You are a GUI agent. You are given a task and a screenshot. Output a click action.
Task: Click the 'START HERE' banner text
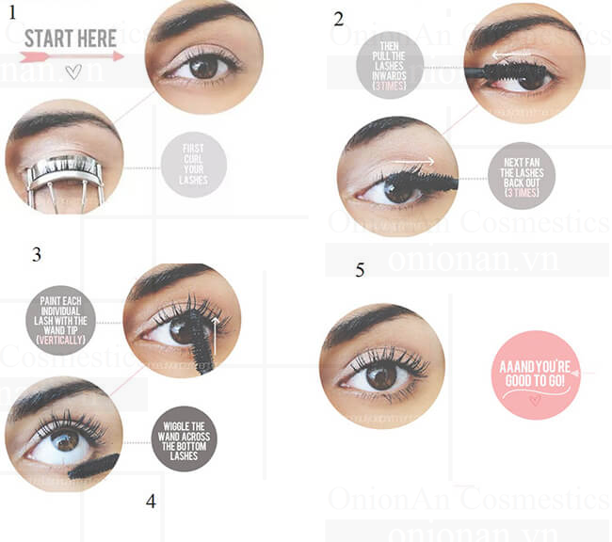coord(71,39)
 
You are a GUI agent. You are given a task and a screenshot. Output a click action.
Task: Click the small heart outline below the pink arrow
coord(73,72)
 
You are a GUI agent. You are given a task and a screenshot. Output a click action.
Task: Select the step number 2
coord(338,18)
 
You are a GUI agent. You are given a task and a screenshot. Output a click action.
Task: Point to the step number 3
coord(36,254)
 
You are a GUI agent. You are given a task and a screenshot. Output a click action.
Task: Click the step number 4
coord(151,502)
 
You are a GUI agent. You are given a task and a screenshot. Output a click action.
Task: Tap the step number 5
coord(360,270)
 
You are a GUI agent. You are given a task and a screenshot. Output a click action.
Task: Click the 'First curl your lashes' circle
coord(194,165)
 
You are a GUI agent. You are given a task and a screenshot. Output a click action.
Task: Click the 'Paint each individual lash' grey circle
coord(60,320)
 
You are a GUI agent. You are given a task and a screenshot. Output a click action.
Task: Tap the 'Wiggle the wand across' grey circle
coord(184,438)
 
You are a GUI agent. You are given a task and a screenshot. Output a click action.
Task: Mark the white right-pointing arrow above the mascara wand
coord(415,161)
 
